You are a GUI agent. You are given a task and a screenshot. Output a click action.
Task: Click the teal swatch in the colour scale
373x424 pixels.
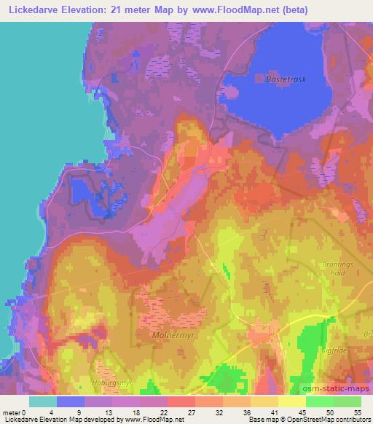[x=43, y=401]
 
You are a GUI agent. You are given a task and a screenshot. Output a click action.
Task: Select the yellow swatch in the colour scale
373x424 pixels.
[x=292, y=401]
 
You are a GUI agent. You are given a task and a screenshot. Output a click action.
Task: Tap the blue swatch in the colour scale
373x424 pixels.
[x=71, y=401]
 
